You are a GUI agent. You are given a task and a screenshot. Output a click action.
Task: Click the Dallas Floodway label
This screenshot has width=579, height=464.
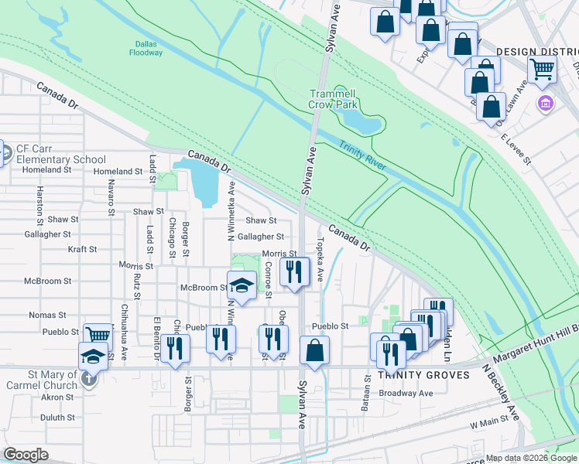point(146,48)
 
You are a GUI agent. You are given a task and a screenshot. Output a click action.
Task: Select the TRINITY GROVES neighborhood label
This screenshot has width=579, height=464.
point(423,375)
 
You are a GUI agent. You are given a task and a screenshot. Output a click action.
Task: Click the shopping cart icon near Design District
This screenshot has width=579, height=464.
point(542,69)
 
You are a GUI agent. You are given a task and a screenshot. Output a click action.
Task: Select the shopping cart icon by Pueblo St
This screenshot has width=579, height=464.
point(98,336)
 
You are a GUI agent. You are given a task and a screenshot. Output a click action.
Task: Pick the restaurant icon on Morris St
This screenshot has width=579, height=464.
point(294,271)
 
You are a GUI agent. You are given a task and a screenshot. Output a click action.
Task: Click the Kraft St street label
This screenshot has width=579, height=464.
point(82,250)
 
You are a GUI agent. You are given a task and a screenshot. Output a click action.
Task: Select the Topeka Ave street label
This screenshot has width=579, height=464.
point(319,249)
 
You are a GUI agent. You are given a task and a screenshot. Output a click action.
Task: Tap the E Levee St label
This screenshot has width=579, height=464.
point(516,150)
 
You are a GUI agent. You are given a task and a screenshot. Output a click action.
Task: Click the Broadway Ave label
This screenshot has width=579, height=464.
point(406,393)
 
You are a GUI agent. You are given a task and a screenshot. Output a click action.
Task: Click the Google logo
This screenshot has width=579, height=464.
point(26,455)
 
